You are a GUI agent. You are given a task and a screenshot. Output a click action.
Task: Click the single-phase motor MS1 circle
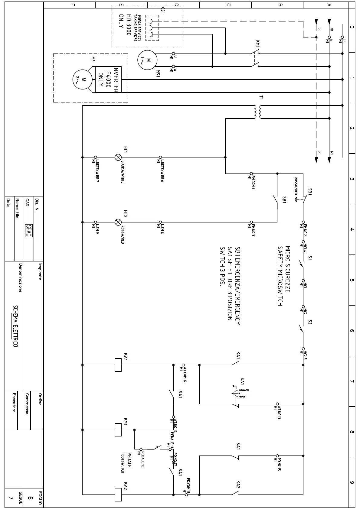[147, 60]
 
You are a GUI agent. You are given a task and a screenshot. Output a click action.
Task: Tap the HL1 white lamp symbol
[118, 157]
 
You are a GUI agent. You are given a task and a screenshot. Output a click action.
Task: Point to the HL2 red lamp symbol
[118, 222]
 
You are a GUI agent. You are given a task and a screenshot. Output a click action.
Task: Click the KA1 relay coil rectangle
[118, 365]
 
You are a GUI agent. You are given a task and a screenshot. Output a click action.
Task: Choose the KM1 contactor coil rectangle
[118, 430]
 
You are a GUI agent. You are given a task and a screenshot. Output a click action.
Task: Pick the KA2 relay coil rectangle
[118, 494]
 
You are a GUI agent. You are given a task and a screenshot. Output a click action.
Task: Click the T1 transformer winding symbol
[257, 112]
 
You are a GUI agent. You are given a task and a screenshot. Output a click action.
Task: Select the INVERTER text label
[116, 79]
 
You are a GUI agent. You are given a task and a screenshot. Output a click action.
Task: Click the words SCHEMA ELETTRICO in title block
[15, 326]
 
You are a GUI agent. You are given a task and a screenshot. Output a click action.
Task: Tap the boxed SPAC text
[29, 231]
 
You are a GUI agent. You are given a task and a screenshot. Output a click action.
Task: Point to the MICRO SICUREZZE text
[288, 269]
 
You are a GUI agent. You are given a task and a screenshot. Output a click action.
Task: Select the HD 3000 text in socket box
[128, 25]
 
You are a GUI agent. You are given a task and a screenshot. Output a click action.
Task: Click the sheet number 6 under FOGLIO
[30, 498]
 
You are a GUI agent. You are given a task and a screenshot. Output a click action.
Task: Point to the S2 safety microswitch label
[309, 322]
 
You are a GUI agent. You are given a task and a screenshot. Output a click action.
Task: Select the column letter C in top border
[228, 5]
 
